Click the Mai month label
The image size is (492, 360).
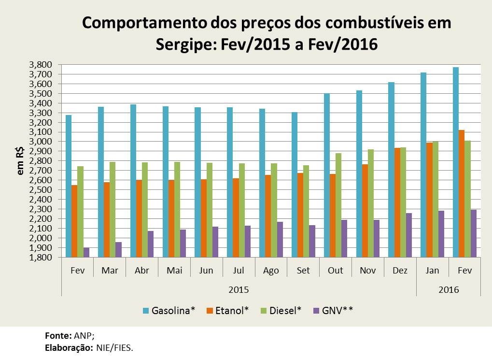click(174, 271)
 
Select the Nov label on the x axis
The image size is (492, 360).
click(368, 271)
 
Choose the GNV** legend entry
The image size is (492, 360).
click(337, 310)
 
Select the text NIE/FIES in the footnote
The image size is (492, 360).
click(116, 347)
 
